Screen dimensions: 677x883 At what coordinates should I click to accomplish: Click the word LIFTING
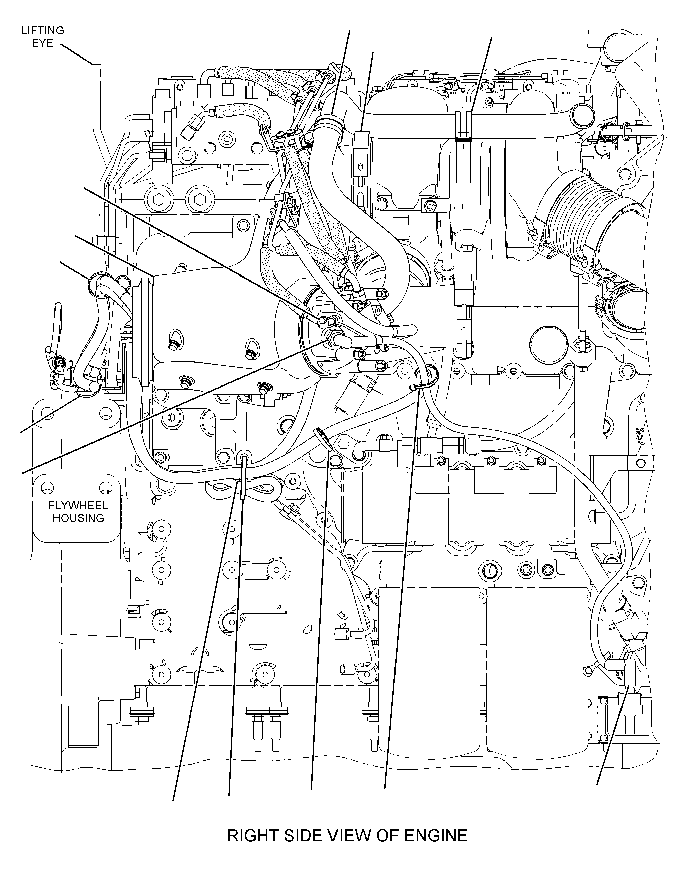[x=43, y=31]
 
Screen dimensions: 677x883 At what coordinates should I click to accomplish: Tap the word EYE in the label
[x=43, y=43]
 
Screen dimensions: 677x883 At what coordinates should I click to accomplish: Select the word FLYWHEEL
[x=78, y=506]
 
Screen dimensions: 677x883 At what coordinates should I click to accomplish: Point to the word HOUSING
[x=78, y=518]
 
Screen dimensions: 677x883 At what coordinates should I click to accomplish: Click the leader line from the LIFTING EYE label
[x=77, y=54]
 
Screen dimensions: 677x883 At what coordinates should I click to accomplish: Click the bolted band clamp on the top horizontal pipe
[x=463, y=127]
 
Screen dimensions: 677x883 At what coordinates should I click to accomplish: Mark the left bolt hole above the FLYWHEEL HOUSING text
[x=48, y=488]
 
